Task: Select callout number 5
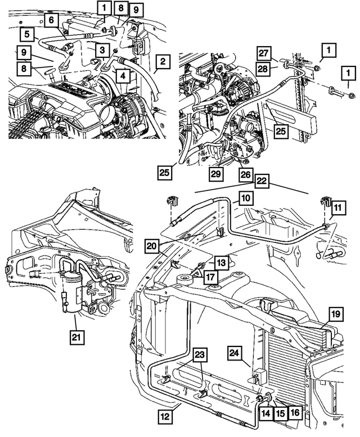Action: pyautogui.click(x=27, y=34)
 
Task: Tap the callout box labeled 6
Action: pyautogui.click(x=51, y=20)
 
